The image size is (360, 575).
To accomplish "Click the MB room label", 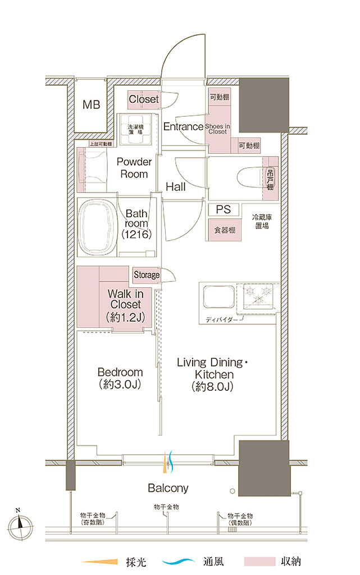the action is pos(92,104).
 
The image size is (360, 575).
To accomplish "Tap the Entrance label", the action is pos(183,126).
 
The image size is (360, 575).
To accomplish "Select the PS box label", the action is pos(224,209).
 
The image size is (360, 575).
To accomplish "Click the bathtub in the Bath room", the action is pos(97,227).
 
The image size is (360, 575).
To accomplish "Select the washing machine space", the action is pos(136,129).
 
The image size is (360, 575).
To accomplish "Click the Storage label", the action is pos(146,275).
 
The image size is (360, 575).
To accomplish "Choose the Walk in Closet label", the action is pos(125,305).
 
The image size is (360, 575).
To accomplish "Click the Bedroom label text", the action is pos(120,372).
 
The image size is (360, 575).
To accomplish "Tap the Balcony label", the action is pos(168,488).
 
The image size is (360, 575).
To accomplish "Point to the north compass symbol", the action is pos(20,527).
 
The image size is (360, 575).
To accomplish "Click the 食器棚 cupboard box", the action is pos(225,230).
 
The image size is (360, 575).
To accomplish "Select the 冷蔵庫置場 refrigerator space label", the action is pos(262,222).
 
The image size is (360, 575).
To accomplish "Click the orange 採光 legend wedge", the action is pos(100,562).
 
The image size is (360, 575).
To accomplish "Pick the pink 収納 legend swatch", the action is pos(259,562).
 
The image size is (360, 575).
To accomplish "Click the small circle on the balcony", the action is pos(232,491).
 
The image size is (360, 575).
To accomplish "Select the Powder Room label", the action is pos(134,168).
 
